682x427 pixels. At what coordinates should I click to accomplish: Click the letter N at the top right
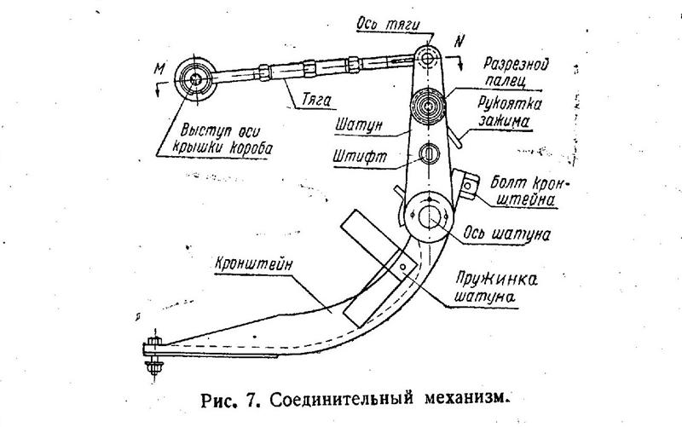point(461,39)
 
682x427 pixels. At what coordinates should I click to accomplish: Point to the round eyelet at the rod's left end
point(197,81)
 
